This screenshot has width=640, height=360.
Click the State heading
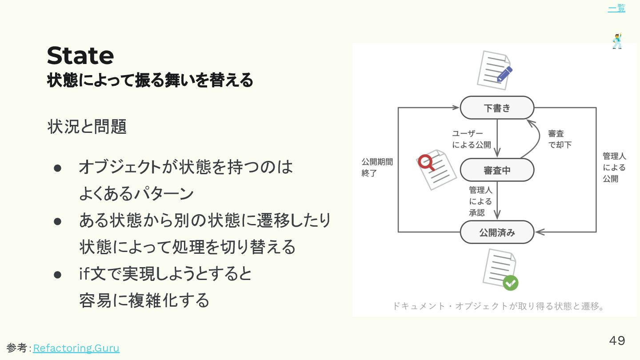[x=80, y=56]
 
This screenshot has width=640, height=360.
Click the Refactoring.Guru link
[x=76, y=348]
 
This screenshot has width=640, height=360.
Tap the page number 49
[x=616, y=340]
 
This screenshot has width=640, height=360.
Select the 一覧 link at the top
[x=616, y=8]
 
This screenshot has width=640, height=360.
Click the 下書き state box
[x=497, y=108]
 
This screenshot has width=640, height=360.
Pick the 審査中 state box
[x=497, y=170]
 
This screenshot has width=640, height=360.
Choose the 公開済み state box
[x=497, y=232]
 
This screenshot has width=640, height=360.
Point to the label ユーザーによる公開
[x=471, y=139]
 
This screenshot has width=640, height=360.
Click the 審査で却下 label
[x=559, y=139]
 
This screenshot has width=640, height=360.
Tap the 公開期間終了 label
[x=377, y=167]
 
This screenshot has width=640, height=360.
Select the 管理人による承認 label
[x=480, y=201]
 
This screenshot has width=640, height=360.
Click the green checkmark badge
[x=510, y=283]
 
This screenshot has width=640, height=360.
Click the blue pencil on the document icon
[x=505, y=73]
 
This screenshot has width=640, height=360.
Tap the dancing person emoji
[x=617, y=41]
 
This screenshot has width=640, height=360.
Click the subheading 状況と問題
[x=87, y=127]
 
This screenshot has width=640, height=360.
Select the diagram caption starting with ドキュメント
[x=499, y=306]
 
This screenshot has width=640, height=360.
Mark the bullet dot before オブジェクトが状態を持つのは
[x=57, y=168]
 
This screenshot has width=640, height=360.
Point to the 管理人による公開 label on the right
[x=614, y=167]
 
